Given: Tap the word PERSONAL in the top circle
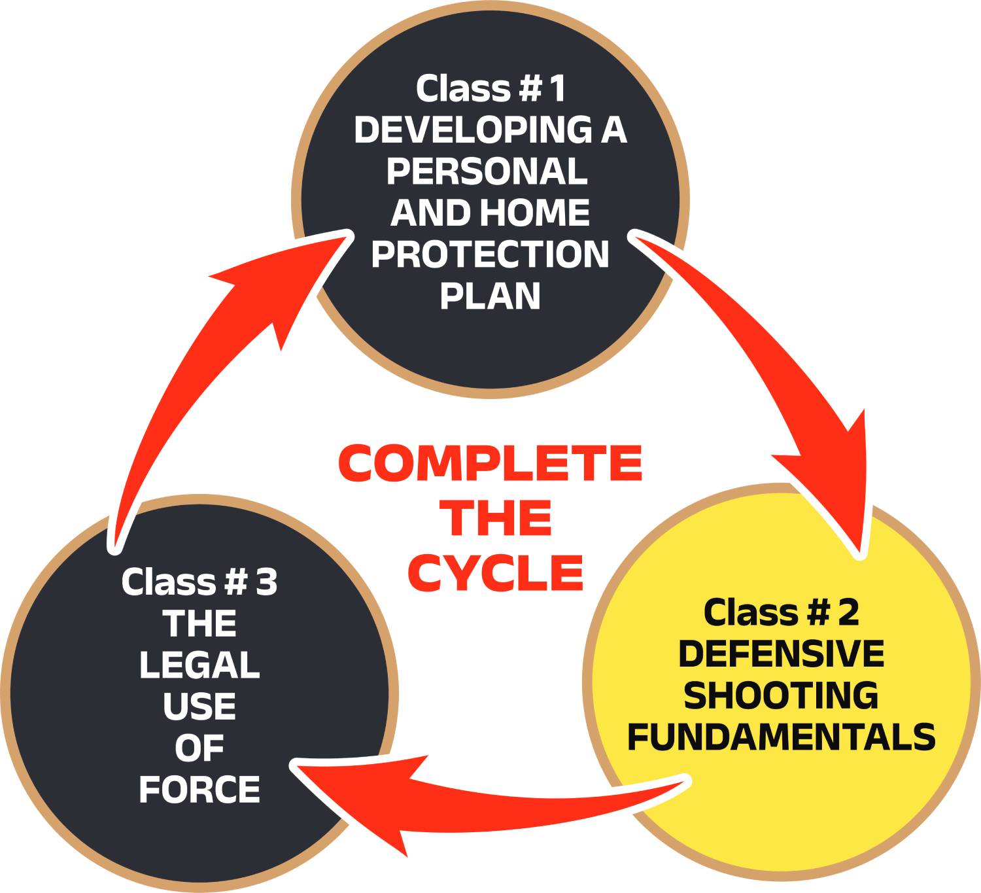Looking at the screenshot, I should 487,171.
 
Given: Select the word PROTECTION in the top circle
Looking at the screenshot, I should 490,254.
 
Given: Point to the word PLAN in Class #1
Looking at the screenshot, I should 490,296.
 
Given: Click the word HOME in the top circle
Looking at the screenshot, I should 534,213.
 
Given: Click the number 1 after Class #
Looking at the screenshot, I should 557,88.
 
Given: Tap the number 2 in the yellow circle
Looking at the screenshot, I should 848,613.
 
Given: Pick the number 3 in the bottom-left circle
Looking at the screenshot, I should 266,582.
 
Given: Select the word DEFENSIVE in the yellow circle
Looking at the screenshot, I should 781,654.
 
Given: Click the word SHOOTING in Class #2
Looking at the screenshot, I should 781,695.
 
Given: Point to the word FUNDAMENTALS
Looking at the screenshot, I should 781,737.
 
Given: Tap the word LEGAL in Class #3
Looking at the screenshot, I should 199,665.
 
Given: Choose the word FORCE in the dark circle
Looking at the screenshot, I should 199,790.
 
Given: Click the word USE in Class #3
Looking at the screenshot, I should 199,707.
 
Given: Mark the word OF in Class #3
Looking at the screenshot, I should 199,748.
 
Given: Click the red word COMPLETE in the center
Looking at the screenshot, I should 490,463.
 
